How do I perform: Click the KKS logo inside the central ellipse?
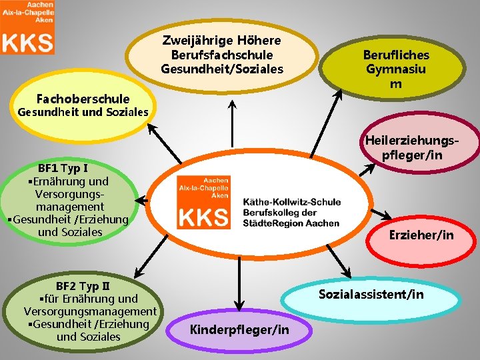[204, 201]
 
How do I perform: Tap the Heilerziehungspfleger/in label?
[411, 147]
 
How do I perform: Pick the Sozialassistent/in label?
[371, 294]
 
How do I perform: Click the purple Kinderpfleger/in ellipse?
[239, 329]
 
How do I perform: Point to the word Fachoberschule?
[83, 99]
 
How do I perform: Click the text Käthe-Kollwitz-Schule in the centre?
[292, 201]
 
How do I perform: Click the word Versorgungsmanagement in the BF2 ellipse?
[90, 311]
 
